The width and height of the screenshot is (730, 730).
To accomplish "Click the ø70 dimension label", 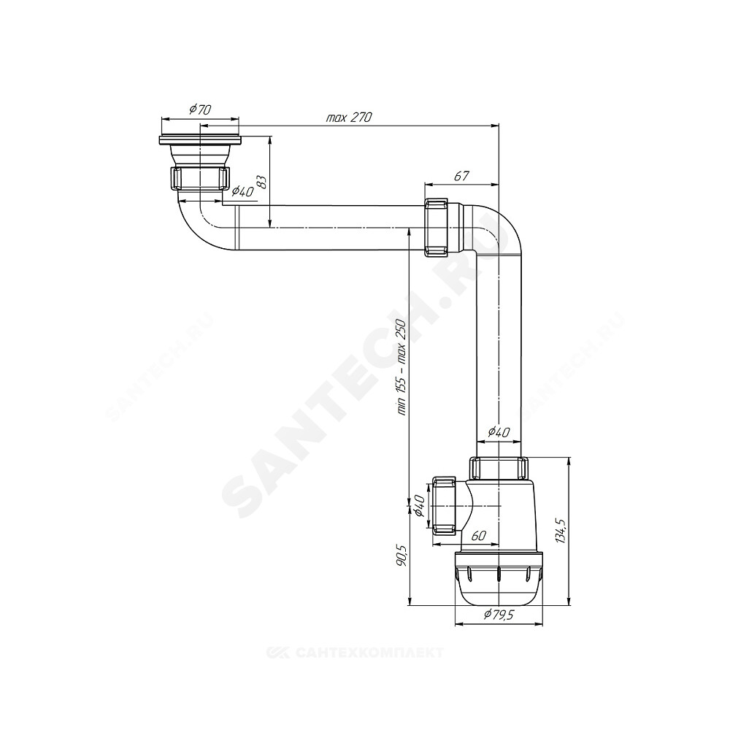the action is pyautogui.click(x=200, y=110).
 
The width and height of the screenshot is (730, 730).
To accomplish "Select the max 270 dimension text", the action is pyautogui.click(x=349, y=118).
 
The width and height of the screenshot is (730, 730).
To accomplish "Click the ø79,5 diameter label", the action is pyautogui.click(x=498, y=615).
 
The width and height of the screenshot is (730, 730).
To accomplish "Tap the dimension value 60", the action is pyautogui.click(x=479, y=536).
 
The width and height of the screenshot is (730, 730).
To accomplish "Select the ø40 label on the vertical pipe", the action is pyautogui.click(x=499, y=432).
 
